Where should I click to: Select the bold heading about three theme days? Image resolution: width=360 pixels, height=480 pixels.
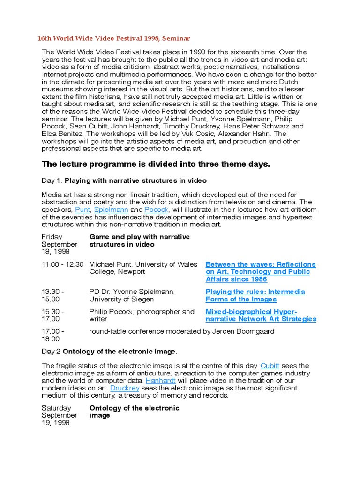point(156,164)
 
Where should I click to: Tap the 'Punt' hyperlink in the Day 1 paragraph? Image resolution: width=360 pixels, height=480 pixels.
point(82,210)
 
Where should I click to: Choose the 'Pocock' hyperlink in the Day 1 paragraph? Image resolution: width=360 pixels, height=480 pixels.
point(156,210)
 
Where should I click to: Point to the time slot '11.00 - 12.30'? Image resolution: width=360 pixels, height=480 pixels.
point(62,264)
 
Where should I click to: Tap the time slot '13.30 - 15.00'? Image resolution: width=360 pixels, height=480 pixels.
point(53,295)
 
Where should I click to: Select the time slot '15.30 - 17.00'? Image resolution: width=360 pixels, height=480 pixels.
point(53,315)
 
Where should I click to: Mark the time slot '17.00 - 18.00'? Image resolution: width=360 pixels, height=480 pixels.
point(53,335)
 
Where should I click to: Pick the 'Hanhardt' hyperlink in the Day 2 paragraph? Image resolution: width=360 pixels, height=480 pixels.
point(160,381)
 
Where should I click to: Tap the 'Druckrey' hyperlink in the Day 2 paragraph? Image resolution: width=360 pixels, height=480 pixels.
point(124,388)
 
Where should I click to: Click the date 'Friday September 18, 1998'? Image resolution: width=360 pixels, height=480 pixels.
point(59,244)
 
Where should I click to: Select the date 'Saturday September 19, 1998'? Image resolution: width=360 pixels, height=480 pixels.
point(59,415)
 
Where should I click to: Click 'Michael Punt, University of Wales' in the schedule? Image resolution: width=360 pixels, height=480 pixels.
point(143,264)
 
